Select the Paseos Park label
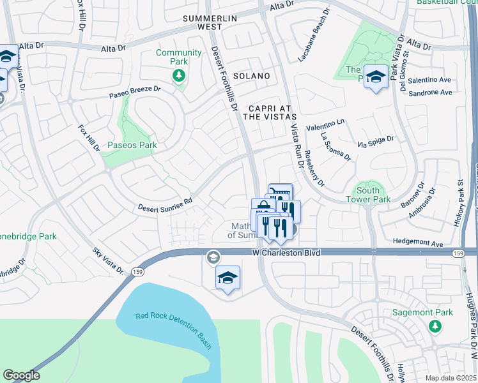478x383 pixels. click(132, 146)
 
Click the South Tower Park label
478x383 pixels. click(368, 195)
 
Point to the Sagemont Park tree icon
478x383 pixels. click(435, 326)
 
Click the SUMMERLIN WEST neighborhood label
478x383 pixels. click(210, 22)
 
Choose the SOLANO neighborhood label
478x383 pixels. click(251, 76)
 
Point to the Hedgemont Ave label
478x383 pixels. click(419, 244)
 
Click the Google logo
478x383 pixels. click(22, 375)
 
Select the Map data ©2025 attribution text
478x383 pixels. click(451, 378)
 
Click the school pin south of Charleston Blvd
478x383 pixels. click(227, 278)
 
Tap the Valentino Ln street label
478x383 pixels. click(325, 124)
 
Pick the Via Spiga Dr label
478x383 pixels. click(376, 141)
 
